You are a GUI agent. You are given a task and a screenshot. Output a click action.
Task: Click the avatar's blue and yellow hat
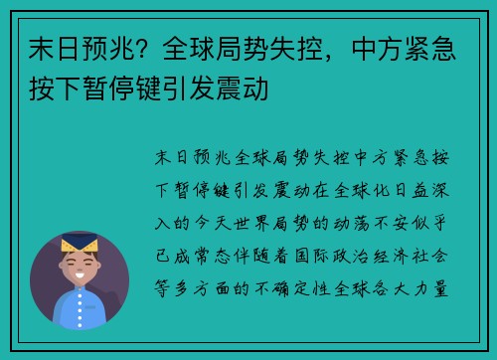coord(79,242)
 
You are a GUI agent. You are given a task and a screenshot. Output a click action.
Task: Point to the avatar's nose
coord(79,270)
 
